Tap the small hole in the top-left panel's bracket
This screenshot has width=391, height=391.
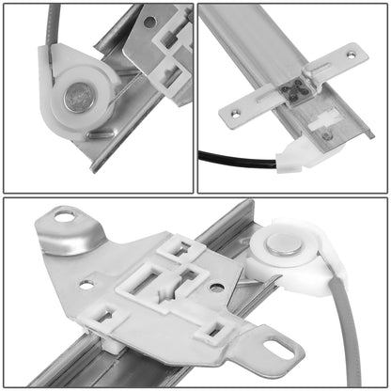tap(150, 21)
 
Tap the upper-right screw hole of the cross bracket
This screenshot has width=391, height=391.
tap(351, 55)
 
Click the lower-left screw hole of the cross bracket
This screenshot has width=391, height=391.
tap(236, 115)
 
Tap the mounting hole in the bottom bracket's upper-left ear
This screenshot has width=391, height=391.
tap(67, 217)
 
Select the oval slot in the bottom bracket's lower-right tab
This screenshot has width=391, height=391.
tap(279, 350)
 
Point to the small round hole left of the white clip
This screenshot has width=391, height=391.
tap(86, 285)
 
